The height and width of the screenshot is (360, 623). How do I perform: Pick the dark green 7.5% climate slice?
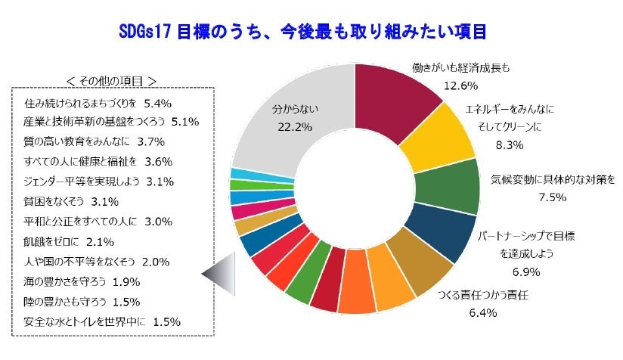tap(454, 186)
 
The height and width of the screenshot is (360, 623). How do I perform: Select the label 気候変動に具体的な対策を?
tap(553, 181)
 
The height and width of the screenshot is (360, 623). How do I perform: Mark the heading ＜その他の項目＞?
tap(111, 80)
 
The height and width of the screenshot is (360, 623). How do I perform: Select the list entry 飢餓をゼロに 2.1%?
tap(69, 242)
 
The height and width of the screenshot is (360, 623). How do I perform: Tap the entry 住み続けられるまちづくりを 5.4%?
tap(98, 101)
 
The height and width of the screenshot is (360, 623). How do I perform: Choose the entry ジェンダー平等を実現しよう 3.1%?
tap(99, 182)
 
